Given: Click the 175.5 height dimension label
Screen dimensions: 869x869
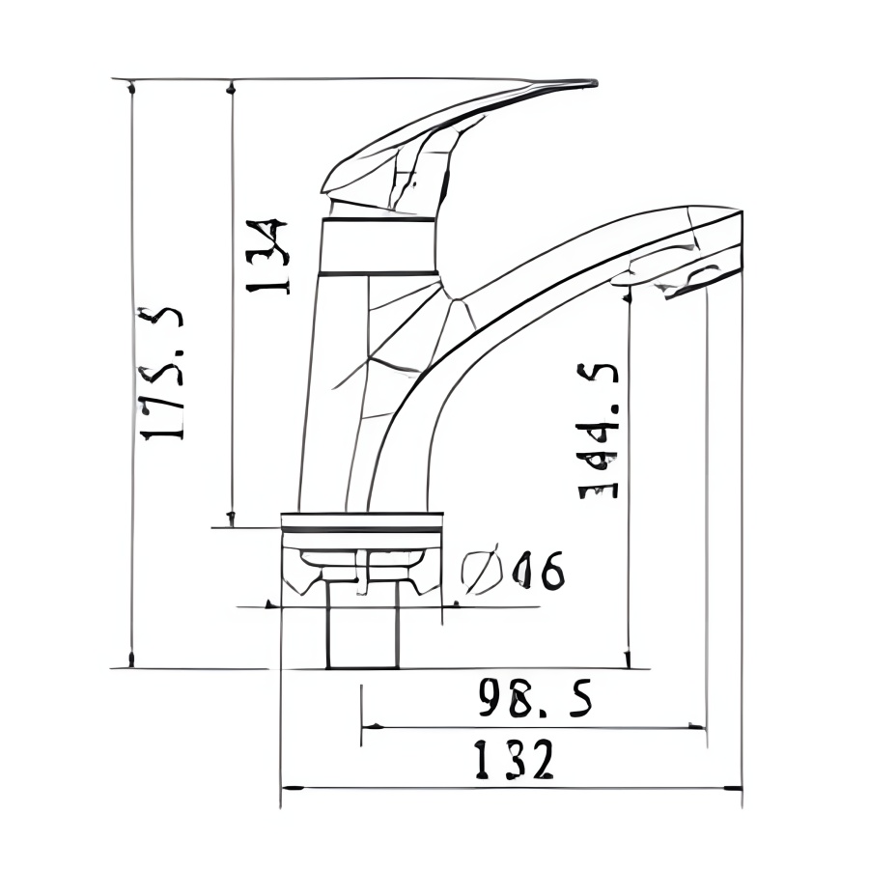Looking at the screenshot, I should [161, 374].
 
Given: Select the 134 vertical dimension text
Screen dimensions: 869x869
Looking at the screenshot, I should [267, 257].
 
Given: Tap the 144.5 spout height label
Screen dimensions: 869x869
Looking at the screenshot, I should [598, 431].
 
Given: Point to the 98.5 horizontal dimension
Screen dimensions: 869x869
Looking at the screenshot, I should [534, 698].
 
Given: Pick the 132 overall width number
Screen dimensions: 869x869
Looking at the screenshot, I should [514, 760].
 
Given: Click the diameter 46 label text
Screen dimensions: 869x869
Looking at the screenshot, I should [537, 572].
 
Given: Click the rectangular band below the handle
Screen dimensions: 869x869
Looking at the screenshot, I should [377, 246].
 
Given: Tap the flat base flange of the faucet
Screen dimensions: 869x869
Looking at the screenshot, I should [361, 522].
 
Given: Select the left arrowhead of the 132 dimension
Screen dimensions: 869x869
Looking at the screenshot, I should [288, 788].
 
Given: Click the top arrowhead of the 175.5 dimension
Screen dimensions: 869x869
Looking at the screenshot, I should [131, 88].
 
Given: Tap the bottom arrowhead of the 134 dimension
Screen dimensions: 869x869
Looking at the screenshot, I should [231, 519].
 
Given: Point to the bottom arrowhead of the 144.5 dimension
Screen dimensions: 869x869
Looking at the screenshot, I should [628, 659].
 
